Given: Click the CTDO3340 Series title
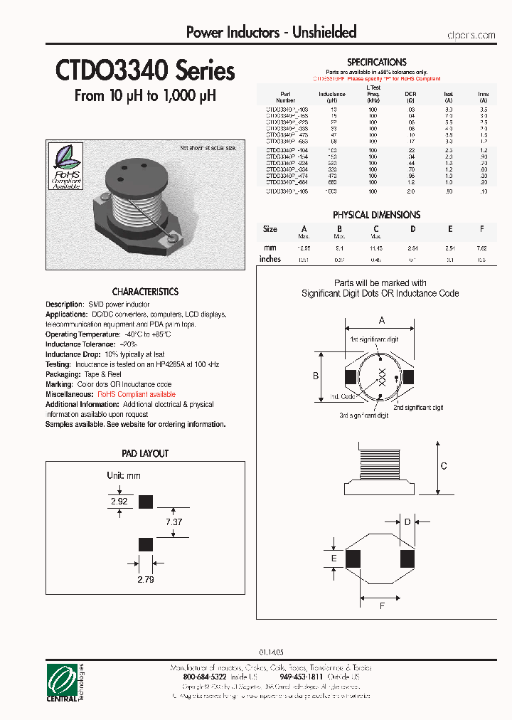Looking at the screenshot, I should (x=145, y=71).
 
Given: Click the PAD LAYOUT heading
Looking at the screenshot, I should (x=145, y=453).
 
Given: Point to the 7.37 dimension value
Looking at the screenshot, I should (x=174, y=522).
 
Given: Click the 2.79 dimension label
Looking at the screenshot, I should (x=144, y=578).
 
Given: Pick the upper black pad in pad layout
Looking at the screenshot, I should (x=145, y=502).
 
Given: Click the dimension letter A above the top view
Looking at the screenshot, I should (x=382, y=319).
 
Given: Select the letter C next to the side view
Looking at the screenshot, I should (x=444, y=466).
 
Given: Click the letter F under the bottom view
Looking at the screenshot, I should (x=383, y=606).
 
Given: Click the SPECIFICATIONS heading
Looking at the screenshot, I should (x=376, y=63).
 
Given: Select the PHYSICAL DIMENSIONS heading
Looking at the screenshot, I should (x=376, y=214).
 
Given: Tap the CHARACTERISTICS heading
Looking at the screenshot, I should (x=145, y=292).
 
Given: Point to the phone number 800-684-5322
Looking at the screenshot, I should (x=200, y=677).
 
